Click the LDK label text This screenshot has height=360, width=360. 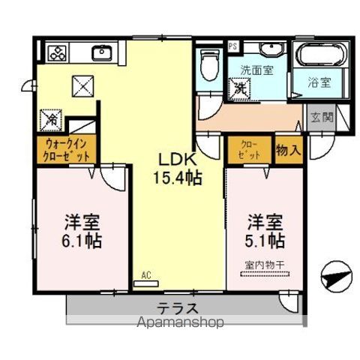(176, 160)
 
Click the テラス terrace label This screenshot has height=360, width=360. (178, 307)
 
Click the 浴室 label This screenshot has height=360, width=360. (320, 82)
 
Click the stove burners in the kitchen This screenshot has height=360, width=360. (58, 52)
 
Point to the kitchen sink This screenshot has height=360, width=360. (101, 52)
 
